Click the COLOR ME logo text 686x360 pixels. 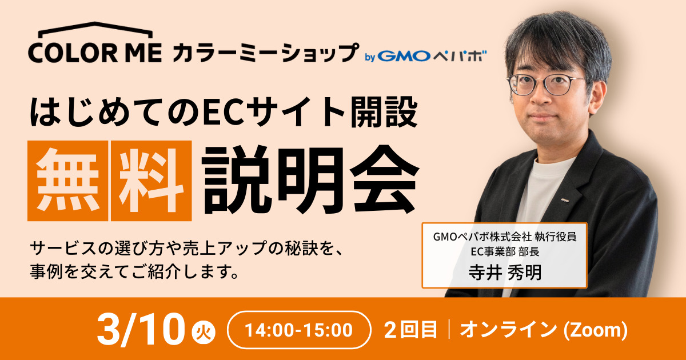95,53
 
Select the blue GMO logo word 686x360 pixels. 404,56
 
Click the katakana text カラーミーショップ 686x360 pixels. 265,53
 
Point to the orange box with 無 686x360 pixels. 67,181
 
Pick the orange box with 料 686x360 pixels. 151,181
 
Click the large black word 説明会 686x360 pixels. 310,180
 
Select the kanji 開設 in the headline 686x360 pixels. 384,112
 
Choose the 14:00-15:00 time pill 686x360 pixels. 299,330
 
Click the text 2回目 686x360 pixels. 410,330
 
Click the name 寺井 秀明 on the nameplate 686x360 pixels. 505,272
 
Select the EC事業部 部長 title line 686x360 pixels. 505,251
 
